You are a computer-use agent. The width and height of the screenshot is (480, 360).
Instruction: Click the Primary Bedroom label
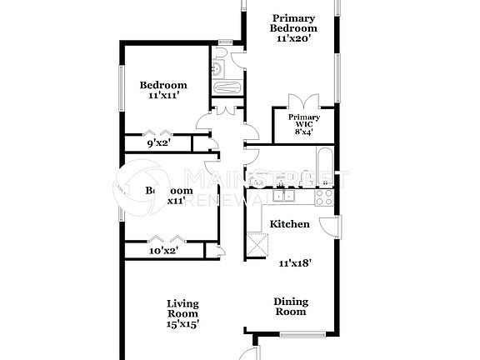point(293,22)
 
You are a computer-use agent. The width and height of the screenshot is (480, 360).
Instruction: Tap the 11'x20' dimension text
point(293,39)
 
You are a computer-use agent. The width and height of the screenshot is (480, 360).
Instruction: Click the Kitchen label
point(289,224)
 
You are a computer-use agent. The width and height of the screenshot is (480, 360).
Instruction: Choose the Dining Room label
point(291,306)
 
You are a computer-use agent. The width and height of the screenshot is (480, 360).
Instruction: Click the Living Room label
point(182,308)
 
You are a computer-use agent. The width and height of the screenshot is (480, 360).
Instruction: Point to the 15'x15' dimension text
point(182,323)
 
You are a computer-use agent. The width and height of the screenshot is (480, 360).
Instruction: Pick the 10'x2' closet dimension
point(163,250)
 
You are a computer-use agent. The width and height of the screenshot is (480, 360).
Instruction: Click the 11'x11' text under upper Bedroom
point(162,96)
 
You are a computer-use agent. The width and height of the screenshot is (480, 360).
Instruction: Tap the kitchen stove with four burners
point(323,197)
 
